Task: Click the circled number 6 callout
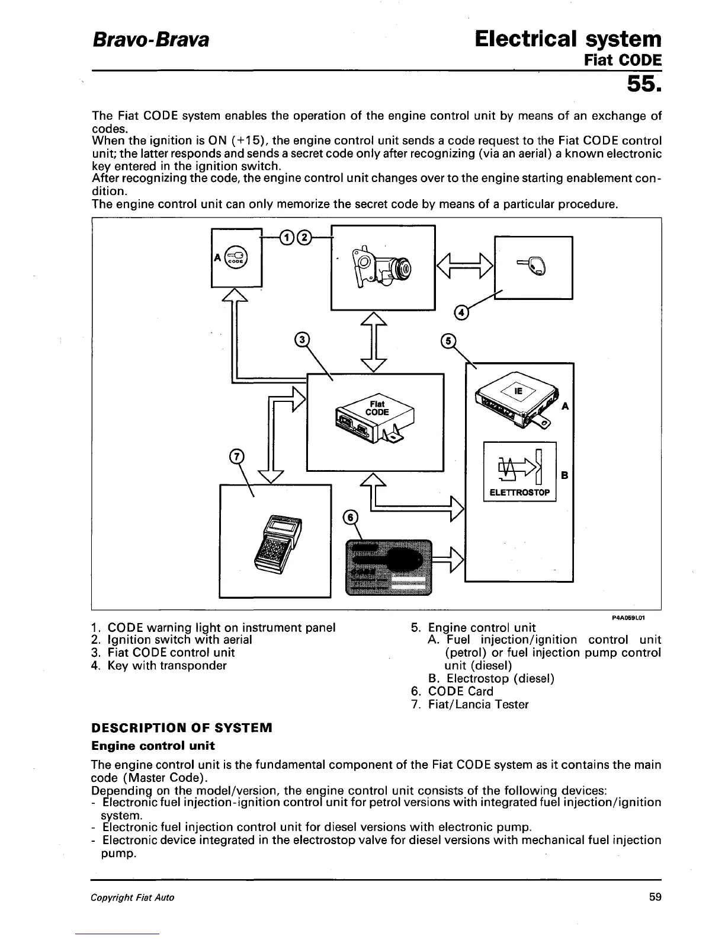coord(351,517)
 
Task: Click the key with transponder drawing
coord(535,267)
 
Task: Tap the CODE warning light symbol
coord(236,258)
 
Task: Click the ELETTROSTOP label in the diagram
coord(519,493)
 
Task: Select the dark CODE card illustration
coord(389,566)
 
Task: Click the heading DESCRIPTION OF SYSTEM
coord(181,727)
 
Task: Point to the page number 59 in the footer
coord(655,897)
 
